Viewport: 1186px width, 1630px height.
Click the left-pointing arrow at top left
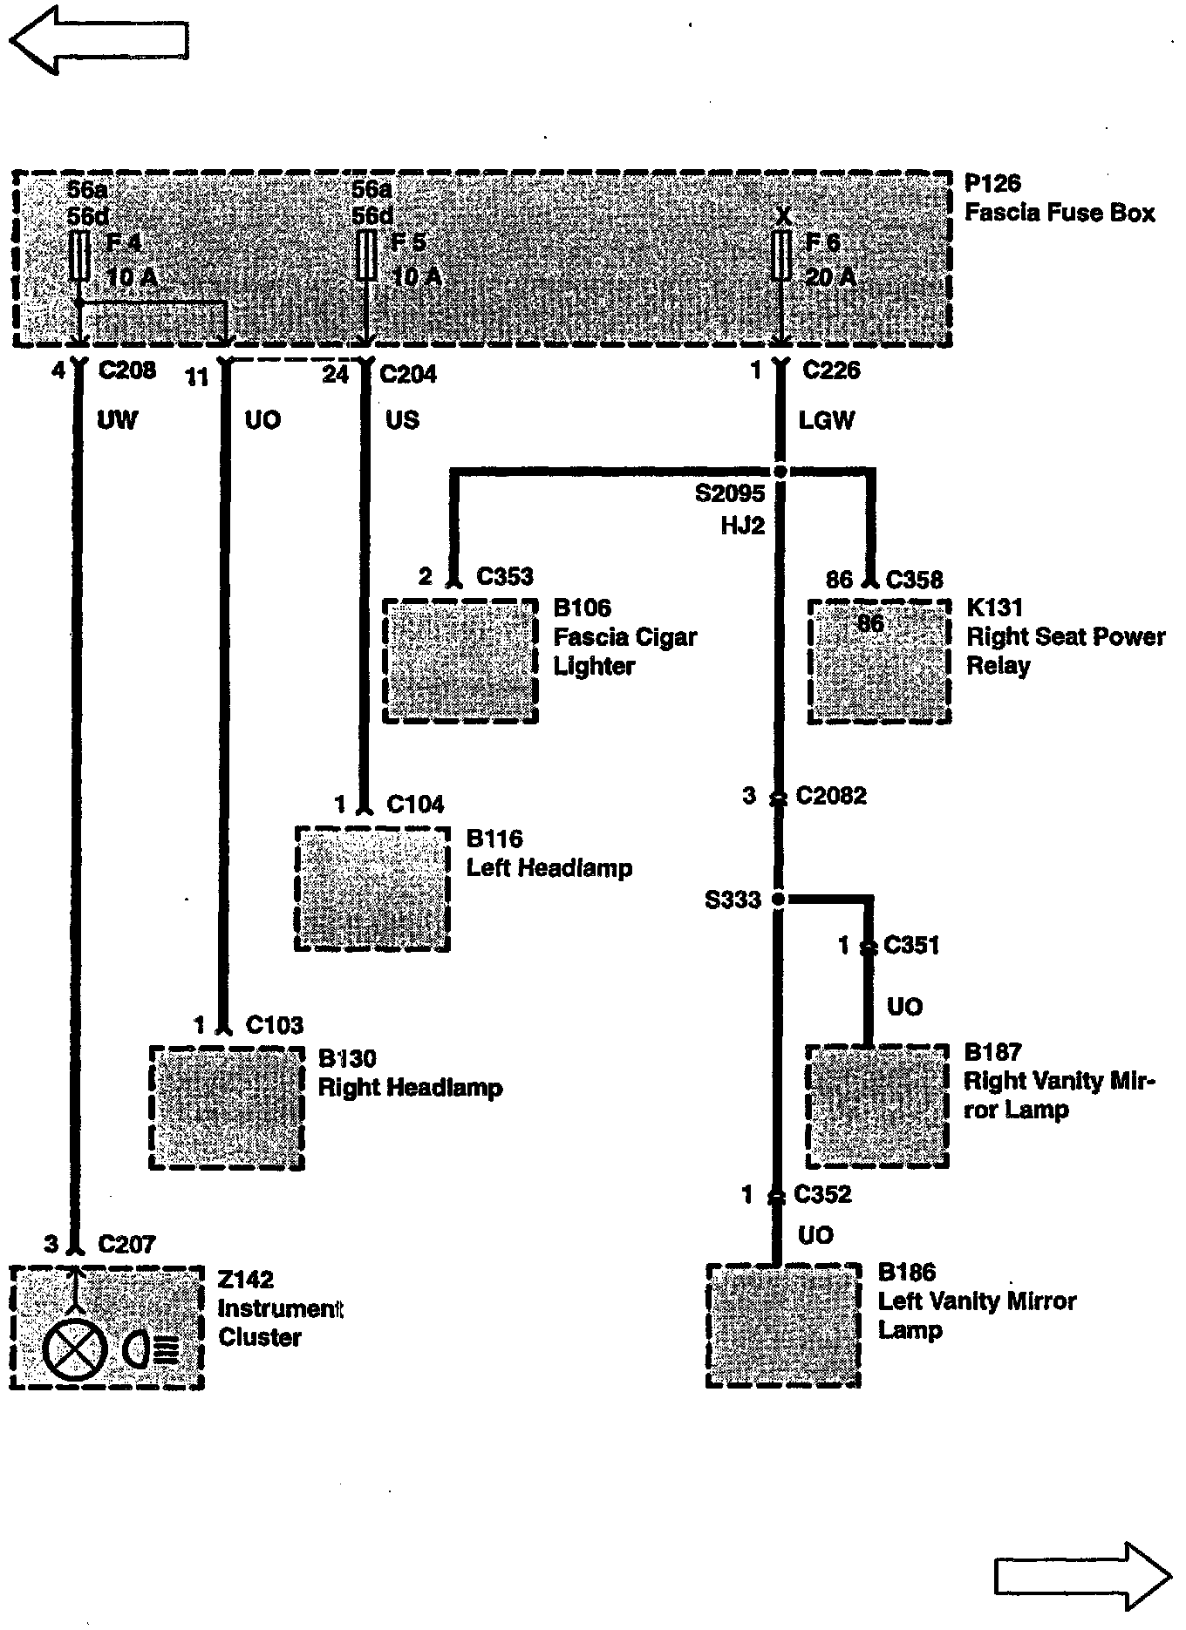click(98, 39)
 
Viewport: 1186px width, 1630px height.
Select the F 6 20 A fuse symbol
click(782, 255)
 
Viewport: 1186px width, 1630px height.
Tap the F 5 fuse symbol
click(366, 255)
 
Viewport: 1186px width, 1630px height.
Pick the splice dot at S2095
click(780, 472)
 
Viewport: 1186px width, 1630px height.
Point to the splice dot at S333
click(779, 899)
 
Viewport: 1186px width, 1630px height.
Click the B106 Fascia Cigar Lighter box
click(460, 661)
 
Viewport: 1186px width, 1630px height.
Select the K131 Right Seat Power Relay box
click(878, 661)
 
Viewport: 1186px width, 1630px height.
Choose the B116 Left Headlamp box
click(373, 888)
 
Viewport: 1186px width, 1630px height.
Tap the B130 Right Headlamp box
click(227, 1107)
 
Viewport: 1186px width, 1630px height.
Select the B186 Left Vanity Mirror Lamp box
click(783, 1325)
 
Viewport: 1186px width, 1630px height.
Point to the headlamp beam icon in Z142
click(151, 1351)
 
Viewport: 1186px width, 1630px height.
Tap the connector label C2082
click(831, 796)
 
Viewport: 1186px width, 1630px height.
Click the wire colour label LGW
click(827, 420)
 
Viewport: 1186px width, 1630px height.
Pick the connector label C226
click(831, 370)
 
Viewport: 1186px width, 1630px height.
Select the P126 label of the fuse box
click(992, 184)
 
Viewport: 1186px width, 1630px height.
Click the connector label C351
click(911, 945)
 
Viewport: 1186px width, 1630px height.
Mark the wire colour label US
click(402, 420)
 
